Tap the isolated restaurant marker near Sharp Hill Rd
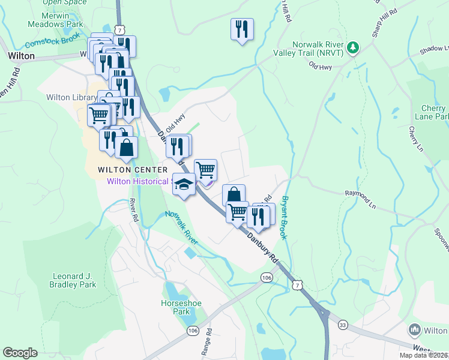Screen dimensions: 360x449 click(242, 29)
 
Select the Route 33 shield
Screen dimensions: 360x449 click(342, 325)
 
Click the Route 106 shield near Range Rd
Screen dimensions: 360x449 click(193, 331)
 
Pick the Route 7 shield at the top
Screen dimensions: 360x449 click(121, 29)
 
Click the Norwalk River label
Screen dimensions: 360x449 click(182, 227)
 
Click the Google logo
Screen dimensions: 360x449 click(20, 353)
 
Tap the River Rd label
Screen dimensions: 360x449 click(134, 211)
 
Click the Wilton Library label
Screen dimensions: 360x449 click(71, 97)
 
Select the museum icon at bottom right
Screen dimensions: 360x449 click(414, 329)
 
